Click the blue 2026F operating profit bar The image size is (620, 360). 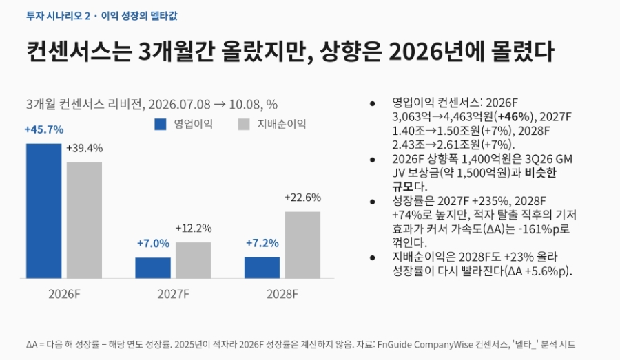(x=44, y=211)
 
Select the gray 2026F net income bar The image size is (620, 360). (x=84, y=220)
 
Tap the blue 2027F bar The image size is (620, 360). (x=153, y=268)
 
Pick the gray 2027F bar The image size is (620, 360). (x=194, y=260)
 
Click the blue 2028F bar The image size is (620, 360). (x=262, y=268)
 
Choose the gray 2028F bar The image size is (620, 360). (x=302, y=245)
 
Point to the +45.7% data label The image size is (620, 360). (x=44, y=129)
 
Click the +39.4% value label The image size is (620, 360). (x=84, y=148)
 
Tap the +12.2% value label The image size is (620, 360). (x=194, y=229)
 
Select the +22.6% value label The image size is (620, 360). (x=302, y=198)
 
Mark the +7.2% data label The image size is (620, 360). (x=262, y=243)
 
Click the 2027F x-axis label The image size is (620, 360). (x=173, y=295)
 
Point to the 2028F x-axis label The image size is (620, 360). (x=282, y=295)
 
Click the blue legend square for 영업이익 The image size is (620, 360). (x=161, y=125)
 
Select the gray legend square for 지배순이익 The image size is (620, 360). (x=244, y=125)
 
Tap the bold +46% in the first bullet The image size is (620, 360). (x=513, y=117)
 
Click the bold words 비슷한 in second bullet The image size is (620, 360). (x=540, y=173)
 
